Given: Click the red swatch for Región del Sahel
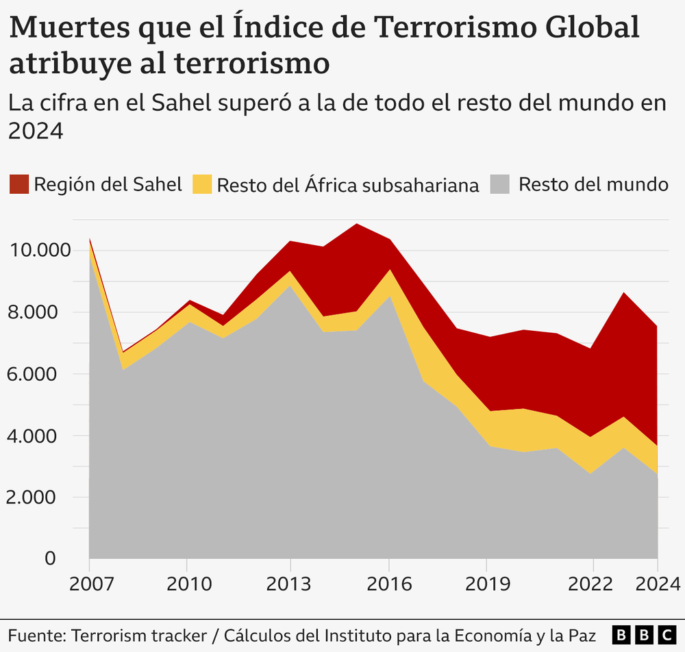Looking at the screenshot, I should pos(18,184).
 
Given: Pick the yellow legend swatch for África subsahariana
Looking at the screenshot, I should pos(202,184).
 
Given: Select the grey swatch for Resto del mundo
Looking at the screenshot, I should pos(500,184).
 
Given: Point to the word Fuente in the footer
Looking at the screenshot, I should pos(33,634).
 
